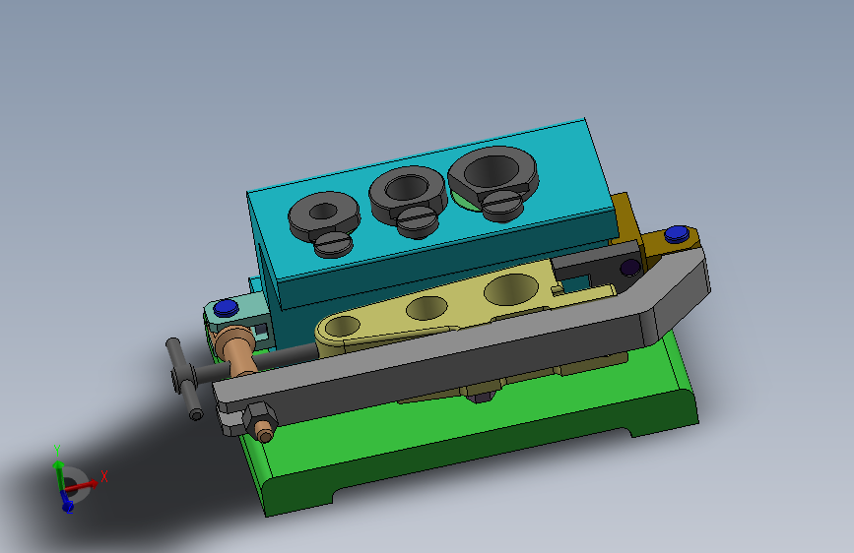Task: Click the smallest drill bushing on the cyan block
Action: pos(324,212)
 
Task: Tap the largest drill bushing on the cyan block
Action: pos(493,171)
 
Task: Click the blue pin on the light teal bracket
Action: pos(224,308)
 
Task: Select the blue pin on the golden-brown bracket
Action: pos(675,234)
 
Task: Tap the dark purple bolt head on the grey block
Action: pos(628,268)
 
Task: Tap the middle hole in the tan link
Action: pos(426,308)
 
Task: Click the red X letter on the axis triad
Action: pos(104,475)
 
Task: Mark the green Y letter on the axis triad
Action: pos(57,451)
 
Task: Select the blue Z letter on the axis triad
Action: pos(67,506)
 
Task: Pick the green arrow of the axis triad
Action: pos(60,470)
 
